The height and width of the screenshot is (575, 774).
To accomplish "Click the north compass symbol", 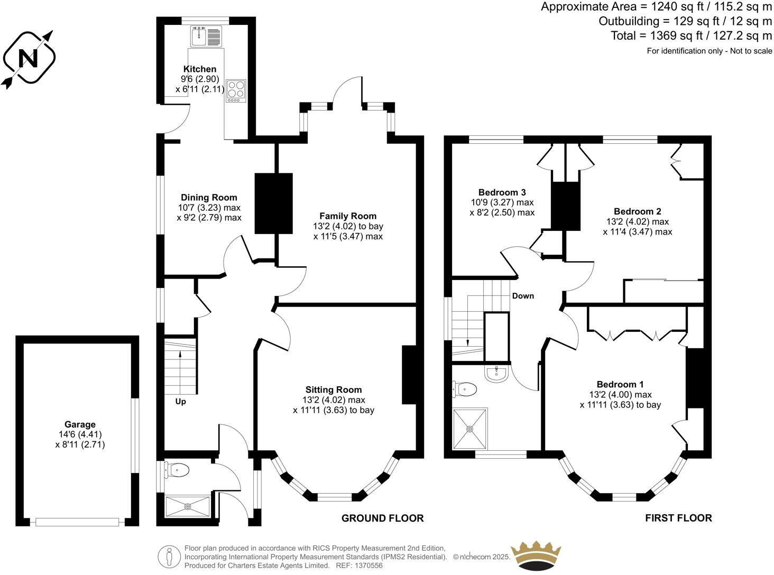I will point(30,58).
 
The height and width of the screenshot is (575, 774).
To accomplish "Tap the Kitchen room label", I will point(200,69).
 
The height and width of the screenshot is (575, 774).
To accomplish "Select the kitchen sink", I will point(199,36).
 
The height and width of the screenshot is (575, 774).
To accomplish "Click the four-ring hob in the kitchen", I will point(235,90).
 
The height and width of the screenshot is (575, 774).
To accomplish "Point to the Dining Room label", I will point(209,198).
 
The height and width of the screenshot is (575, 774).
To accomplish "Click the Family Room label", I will point(348,216).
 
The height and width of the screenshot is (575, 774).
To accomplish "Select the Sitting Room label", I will point(334,390).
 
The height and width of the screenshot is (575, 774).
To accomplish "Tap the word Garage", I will point(80,424).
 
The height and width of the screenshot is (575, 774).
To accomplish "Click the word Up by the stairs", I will point(181,402).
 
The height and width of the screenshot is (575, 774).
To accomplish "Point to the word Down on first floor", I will point(523,296).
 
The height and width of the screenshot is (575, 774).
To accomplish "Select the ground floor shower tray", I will point(188,506).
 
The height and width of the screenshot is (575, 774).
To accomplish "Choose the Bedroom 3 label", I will point(502,192).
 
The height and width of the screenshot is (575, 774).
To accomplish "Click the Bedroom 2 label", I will point(637,211).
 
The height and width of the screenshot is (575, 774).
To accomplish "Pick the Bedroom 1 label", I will point(620,384).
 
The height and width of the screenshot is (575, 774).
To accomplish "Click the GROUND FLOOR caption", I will point(382,518).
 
